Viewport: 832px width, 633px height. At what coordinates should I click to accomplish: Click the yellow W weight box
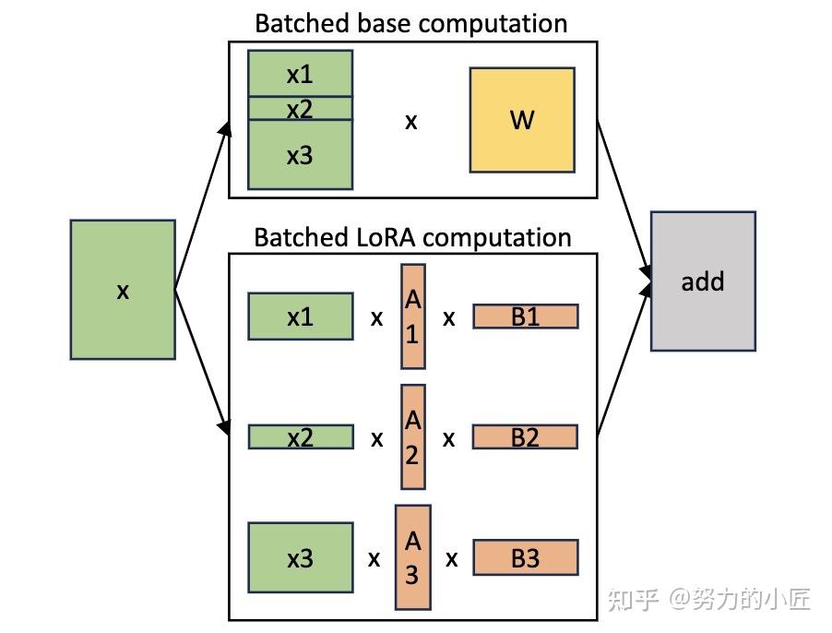click(x=522, y=120)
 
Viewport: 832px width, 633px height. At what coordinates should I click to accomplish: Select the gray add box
click(x=703, y=281)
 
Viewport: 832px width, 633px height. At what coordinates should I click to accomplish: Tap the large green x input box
click(x=123, y=290)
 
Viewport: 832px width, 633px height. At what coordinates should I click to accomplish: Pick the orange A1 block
click(x=412, y=316)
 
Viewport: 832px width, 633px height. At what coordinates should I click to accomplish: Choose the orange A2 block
click(x=412, y=436)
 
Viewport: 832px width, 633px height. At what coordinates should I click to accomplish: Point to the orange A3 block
click(x=412, y=557)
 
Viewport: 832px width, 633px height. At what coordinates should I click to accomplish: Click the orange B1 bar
click(x=525, y=316)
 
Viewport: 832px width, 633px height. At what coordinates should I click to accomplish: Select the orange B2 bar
click(x=525, y=436)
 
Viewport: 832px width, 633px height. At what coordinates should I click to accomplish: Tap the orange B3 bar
click(x=525, y=558)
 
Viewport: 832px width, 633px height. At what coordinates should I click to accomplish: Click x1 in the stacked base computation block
click(x=300, y=74)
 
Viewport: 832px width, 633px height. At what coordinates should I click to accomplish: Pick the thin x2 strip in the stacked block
click(x=300, y=109)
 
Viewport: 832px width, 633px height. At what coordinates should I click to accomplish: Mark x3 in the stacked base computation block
click(x=300, y=155)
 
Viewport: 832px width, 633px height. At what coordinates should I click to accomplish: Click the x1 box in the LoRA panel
click(x=300, y=316)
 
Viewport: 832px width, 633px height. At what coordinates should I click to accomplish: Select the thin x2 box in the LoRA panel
click(x=300, y=436)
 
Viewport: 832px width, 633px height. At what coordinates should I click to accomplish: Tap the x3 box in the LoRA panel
click(x=300, y=558)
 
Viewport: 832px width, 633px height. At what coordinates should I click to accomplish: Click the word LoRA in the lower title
click(x=380, y=237)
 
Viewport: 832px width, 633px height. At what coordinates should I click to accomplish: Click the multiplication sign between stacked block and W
click(x=411, y=121)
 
